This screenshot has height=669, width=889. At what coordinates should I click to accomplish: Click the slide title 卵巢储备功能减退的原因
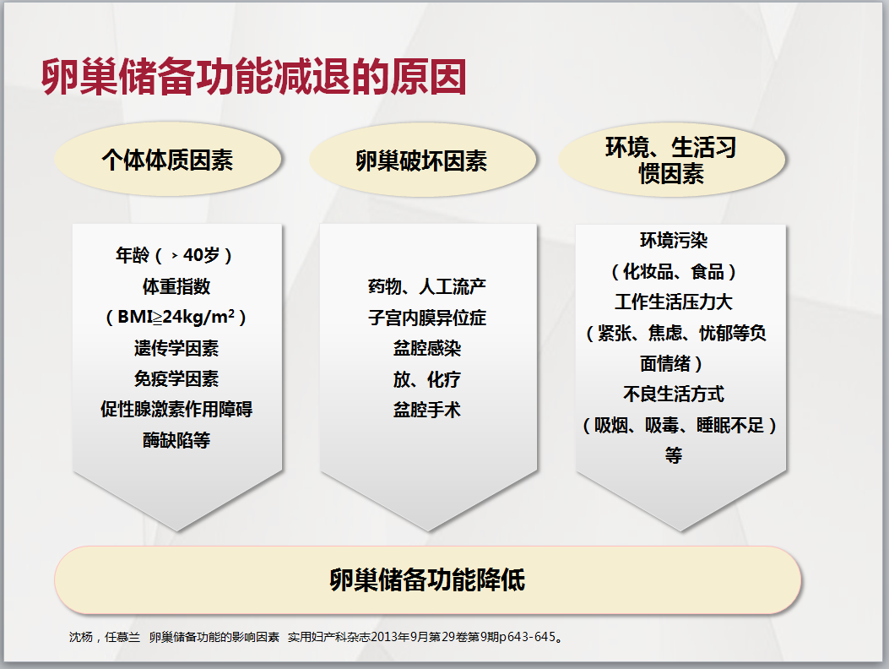click(x=253, y=77)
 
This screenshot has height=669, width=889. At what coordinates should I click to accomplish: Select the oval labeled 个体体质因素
click(x=168, y=160)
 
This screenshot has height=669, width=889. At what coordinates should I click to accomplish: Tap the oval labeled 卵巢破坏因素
click(x=422, y=160)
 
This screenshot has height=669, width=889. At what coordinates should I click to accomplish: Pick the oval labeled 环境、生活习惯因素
click(x=672, y=160)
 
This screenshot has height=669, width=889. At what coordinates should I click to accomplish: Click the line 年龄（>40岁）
click(x=175, y=255)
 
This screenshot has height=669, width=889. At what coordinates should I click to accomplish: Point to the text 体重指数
click(x=176, y=286)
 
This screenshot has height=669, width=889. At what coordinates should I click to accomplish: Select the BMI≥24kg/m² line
click(x=176, y=317)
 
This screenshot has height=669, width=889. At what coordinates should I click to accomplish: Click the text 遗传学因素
click(x=176, y=348)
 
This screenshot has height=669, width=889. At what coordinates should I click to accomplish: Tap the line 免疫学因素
click(x=176, y=378)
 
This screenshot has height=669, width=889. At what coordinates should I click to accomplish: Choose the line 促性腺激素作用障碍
click(x=176, y=409)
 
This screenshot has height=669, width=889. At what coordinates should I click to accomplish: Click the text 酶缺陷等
click(x=176, y=440)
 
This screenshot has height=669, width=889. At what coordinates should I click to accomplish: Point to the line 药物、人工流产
click(x=427, y=286)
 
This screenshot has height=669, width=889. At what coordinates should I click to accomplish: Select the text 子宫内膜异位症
click(x=427, y=318)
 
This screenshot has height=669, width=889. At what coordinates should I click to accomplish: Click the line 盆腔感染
click(x=427, y=348)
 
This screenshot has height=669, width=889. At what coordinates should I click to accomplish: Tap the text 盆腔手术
click(x=427, y=409)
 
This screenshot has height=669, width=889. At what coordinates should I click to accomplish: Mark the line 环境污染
click(x=674, y=241)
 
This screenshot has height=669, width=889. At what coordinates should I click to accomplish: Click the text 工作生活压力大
click(x=674, y=302)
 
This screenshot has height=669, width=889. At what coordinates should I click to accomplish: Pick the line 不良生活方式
click(x=674, y=394)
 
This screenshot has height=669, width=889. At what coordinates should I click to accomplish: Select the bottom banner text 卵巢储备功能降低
click(x=427, y=580)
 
